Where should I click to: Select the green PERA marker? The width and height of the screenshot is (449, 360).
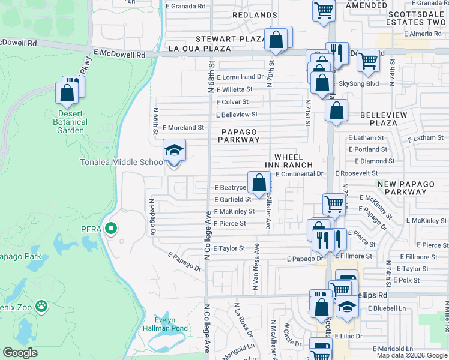point(110,228)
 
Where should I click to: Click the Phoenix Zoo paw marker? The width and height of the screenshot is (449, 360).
point(41,306)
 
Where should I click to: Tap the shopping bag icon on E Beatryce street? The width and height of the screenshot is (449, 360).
point(259,182)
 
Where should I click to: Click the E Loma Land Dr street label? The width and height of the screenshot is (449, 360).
point(240,77)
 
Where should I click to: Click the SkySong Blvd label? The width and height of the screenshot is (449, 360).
point(359,83)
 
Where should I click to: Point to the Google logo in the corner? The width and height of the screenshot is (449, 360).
point(20,353)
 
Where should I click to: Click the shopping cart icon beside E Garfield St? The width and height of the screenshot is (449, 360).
point(333,203)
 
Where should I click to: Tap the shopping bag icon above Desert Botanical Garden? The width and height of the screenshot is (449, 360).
point(66,92)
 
